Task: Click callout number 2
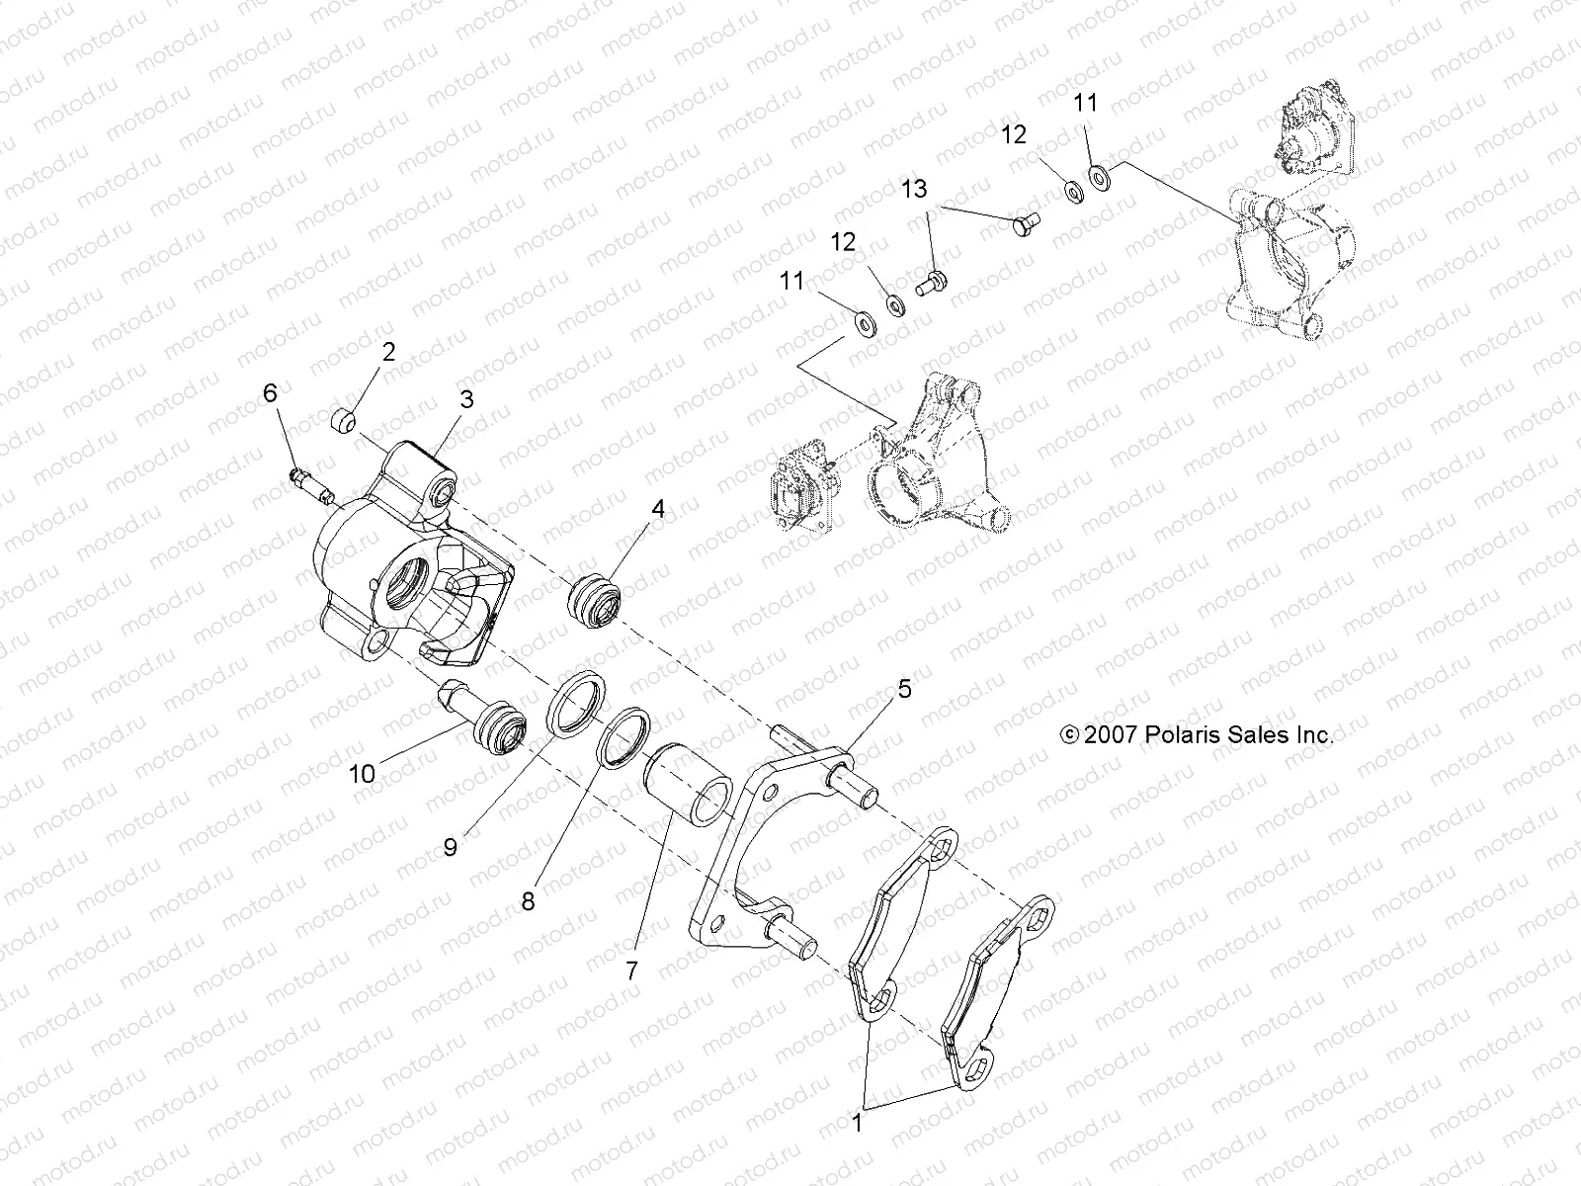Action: [388, 352]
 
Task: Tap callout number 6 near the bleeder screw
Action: [270, 393]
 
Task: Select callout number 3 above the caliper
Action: [466, 399]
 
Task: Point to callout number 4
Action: [657, 510]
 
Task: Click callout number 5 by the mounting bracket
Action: [904, 689]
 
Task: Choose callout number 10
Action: [363, 773]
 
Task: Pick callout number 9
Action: [451, 848]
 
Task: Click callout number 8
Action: [529, 901]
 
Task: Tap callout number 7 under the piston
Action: [632, 971]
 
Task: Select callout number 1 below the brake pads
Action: [857, 1124]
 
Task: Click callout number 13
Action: [914, 188]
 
